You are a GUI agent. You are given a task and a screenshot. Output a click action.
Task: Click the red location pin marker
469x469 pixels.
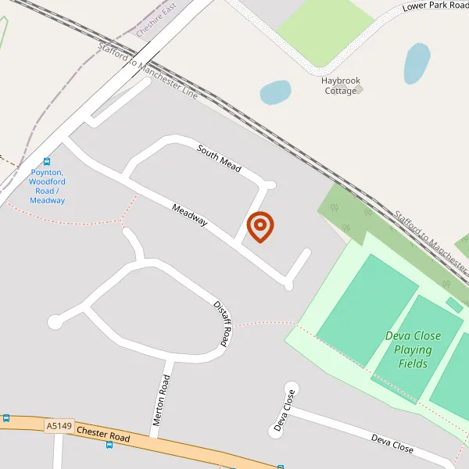pyautogui.click(x=260, y=227)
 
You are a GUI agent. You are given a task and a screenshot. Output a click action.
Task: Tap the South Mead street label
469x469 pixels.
pyautogui.click(x=219, y=159)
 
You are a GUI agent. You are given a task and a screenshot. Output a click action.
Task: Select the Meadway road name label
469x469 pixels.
pyautogui.click(x=190, y=216)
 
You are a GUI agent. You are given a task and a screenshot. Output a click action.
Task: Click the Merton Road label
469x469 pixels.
pyautogui.click(x=162, y=400)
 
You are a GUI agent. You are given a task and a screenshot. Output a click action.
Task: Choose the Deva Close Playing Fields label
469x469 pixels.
pyautogui.click(x=412, y=349)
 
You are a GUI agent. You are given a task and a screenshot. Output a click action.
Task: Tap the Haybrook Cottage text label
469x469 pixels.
pyautogui.click(x=339, y=85)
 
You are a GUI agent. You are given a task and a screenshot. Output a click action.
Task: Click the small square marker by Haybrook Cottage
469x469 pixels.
pyautogui.click(x=360, y=89)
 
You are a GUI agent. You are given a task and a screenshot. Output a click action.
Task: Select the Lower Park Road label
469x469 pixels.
pyautogui.click(x=435, y=6)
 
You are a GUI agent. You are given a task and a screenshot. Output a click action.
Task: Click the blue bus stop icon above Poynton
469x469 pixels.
pyautogui.click(x=47, y=162)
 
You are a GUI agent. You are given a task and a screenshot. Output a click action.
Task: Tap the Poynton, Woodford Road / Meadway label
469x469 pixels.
pyautogui.click(x=47, y=186)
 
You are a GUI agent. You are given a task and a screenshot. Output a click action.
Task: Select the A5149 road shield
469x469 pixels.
pyautogui.click(x=59, y=426)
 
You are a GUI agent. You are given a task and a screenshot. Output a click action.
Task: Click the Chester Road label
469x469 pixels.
pyautogui.click(x=103, y=433)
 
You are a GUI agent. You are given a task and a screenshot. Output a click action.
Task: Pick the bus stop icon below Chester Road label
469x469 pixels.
pyautogui.click(x=109, y=444)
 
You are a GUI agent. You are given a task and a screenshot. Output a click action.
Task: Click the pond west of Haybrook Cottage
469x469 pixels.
pyautogui.click(x=275, y=92)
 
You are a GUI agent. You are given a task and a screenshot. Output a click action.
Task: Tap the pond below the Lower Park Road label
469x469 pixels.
pyautogui.click(x=417, y=63)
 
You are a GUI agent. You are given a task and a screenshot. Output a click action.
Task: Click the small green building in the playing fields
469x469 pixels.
pyautogui.click(x=453, y=304)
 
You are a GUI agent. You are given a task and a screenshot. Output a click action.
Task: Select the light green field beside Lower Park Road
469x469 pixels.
pyautogui.click(x=324, y=31)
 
